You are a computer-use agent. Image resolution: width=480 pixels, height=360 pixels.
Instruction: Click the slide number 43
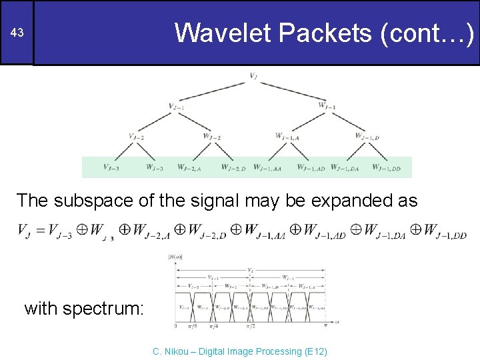tap(16, 33)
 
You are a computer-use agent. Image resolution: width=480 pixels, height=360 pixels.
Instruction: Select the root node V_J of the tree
tap(253, 76)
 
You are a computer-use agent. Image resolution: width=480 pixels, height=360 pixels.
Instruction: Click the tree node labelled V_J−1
tap(177, 107)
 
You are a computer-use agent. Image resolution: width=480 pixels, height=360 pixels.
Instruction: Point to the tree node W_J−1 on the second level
tap(327, 105)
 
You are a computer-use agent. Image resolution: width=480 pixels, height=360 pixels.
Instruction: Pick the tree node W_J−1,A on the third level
tap(287, 136)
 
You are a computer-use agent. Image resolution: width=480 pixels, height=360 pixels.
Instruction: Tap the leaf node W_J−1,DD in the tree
tap(387, 167)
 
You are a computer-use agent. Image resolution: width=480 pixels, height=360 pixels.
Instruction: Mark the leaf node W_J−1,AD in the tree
tap(311, 167)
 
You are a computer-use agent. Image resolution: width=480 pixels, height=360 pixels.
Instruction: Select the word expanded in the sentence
tap(354, 200)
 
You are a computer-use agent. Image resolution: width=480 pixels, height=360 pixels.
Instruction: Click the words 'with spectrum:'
tap(83, 308)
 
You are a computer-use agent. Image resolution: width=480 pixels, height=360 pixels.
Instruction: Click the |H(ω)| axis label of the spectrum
tap(176, 257)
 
